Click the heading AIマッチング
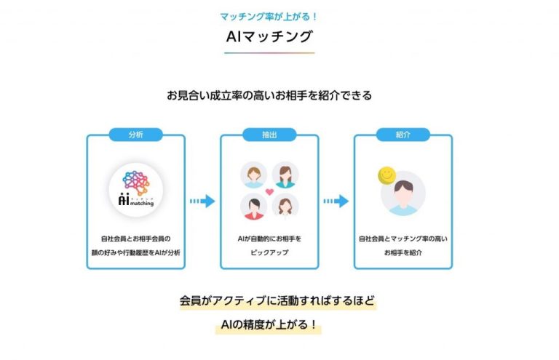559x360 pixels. point(269,36)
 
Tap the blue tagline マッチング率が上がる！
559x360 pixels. point(269,15)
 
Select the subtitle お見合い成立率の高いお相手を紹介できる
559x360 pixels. point(269,95)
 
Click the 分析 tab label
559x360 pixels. point(135,135)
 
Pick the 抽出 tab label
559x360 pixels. point(269,135)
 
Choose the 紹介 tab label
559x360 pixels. point(403,135)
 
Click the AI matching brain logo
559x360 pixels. point(135,187)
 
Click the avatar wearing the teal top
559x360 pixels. point(285,175)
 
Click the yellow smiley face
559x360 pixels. point(386,176)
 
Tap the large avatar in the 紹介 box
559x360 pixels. point(403,193)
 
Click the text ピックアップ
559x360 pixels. point(269,252)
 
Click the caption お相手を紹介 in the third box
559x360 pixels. point(403,252)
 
